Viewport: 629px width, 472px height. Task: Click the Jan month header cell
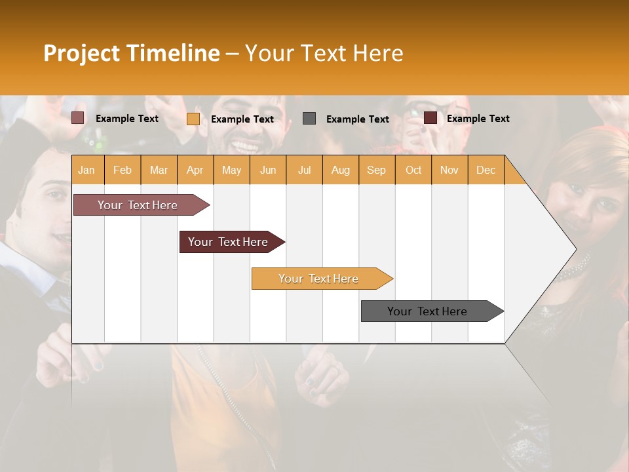click(87, 170)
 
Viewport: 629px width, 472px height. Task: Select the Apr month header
click(195, 170)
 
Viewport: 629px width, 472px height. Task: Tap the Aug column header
click(341, 170)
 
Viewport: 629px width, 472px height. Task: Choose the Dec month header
click(486, 170)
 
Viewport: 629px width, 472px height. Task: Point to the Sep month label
click(377, 170)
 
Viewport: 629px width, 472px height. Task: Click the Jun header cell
click(268, 170)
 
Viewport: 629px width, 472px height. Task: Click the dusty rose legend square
click(77, 118)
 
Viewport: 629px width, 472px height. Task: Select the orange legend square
click(193, 119)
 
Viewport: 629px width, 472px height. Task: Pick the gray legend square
click(309, 118)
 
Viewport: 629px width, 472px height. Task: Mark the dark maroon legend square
click(430, 118)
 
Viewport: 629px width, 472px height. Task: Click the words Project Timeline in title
click(131, 53)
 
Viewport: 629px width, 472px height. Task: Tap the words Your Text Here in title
click(324, 53)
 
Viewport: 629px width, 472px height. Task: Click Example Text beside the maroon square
click(478, 119)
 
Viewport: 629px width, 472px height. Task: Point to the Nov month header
click(449, 170)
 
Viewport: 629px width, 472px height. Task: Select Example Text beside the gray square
click(357, 119)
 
